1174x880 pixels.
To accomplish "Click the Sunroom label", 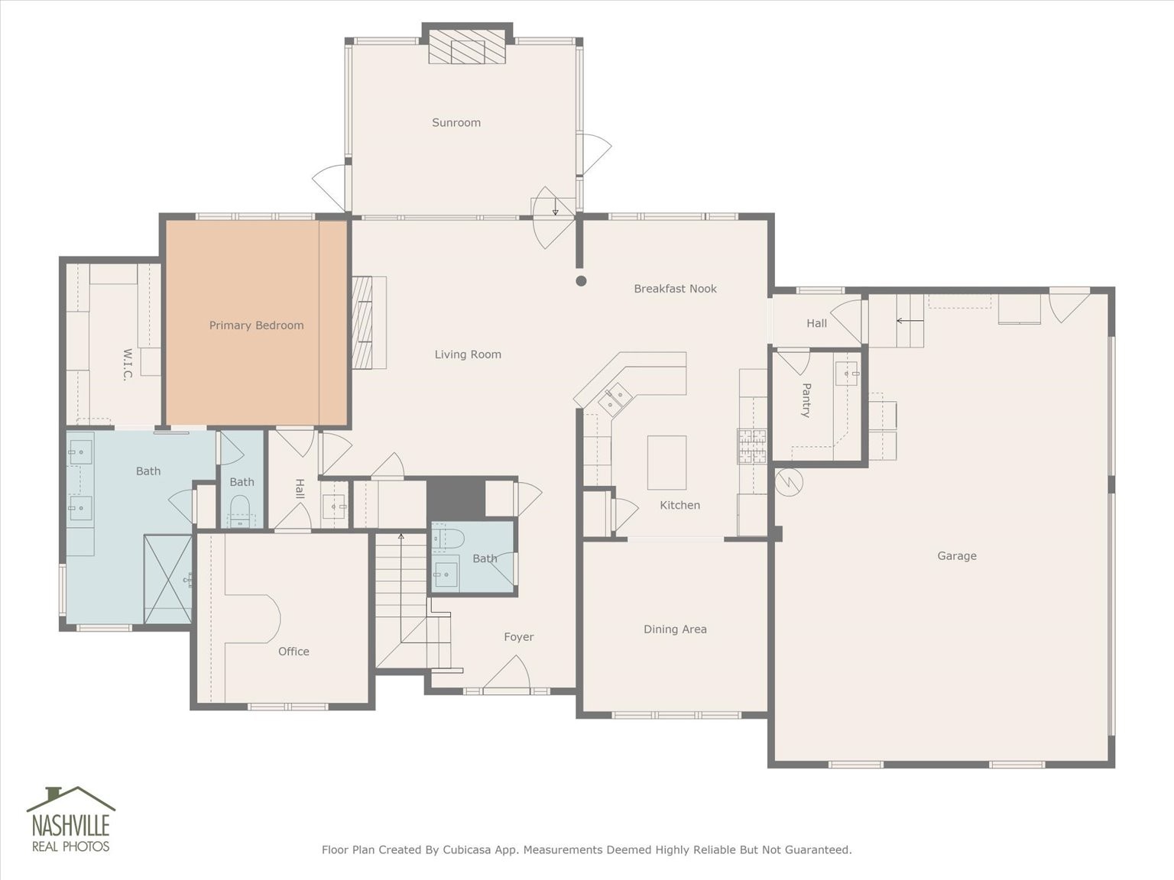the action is (456, 123).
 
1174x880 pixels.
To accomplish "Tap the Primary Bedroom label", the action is (256, 325).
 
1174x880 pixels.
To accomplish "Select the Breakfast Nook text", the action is (675, 289).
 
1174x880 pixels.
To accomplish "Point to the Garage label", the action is (957, 556).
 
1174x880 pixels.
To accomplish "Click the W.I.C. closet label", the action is (127, 365).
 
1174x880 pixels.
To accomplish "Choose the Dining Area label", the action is (675, 629).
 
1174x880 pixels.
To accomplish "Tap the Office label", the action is (293, 652).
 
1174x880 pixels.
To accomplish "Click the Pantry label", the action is (806, 400).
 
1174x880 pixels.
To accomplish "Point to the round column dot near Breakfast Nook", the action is (582, 281).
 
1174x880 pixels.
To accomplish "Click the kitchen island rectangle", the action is (667, 463).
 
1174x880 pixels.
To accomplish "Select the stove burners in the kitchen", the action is (752, 446).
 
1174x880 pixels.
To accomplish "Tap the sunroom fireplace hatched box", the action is (468, 52).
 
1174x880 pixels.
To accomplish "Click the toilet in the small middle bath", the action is (239, 511).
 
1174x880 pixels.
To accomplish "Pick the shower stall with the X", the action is (168, 579).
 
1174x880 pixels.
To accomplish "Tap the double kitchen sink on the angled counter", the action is (615, 399).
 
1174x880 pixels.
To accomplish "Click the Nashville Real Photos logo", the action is (71, 820).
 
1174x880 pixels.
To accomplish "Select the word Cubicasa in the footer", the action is (465, 849).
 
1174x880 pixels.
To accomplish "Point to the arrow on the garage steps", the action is (910, 321).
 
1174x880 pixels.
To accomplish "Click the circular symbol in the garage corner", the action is (789, 483).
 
